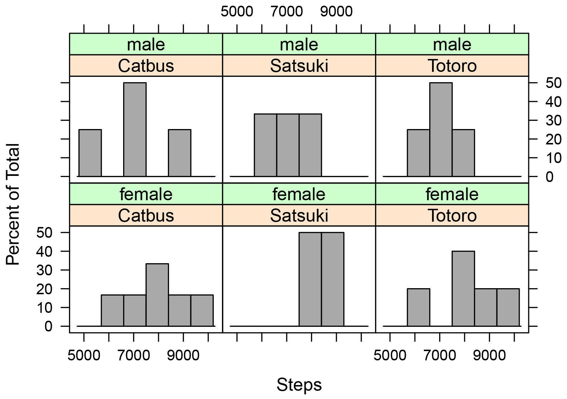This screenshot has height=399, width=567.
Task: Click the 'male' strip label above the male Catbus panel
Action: (146, 44)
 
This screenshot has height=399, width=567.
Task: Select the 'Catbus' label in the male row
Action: (146, 65)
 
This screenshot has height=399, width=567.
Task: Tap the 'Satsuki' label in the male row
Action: (299, 65)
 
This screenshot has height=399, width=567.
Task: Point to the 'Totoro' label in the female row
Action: (452, 215)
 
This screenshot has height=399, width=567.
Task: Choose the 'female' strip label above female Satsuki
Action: (299, 194)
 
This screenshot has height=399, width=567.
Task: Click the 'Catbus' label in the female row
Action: (146, 215)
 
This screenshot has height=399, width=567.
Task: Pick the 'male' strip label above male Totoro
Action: (452, 44)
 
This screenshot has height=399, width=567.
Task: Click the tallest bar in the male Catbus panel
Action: (135, 129)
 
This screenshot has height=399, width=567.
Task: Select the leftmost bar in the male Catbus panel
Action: (90, 153)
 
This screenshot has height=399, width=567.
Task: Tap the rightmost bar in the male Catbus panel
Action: (180, 153)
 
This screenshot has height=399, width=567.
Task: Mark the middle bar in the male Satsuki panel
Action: (288, 145)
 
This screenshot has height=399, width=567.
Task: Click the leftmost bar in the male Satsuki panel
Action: (266, 145)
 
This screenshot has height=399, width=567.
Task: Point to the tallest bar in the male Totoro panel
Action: (441, 129)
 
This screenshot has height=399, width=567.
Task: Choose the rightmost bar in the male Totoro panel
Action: (463, 153)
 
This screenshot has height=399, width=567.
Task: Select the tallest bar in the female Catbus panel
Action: (157, 295)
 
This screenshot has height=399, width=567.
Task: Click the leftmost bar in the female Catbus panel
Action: (113, 310)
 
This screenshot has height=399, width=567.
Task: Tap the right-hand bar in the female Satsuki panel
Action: (333, 279)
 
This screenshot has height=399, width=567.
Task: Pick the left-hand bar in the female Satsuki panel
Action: (310, 279)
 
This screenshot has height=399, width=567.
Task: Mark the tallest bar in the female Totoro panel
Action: (463, 289)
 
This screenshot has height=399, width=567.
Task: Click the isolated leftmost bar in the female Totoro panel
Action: (418, 307)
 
